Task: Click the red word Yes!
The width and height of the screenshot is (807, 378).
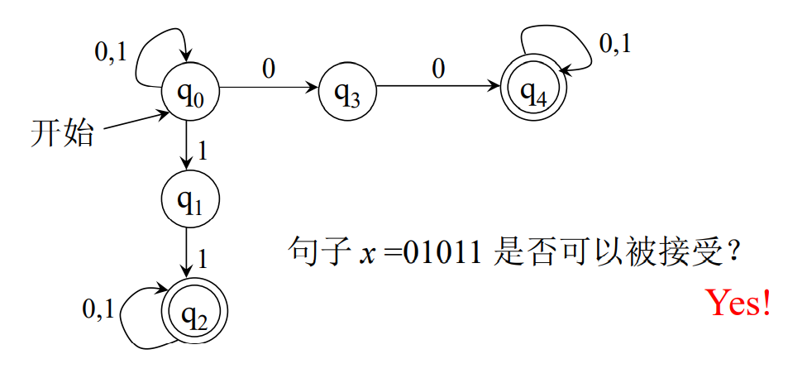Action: click(x=738, y=304)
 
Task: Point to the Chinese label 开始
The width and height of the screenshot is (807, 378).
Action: click(x=62, y=132)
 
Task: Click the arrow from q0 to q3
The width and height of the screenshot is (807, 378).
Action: click(x=269, y=86)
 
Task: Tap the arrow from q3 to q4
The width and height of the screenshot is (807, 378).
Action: click(x=438, y=86)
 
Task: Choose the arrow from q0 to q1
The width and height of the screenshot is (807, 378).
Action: click(x=188, y=147)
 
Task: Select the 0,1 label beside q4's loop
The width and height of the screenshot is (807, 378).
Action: click(x=614, y=45)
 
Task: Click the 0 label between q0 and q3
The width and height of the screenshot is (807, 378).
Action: click(x=269, y=69)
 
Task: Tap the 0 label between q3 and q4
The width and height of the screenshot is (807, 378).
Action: click(x=438, y=69)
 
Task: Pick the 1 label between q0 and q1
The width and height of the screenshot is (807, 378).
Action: click(x=201, y=151)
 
